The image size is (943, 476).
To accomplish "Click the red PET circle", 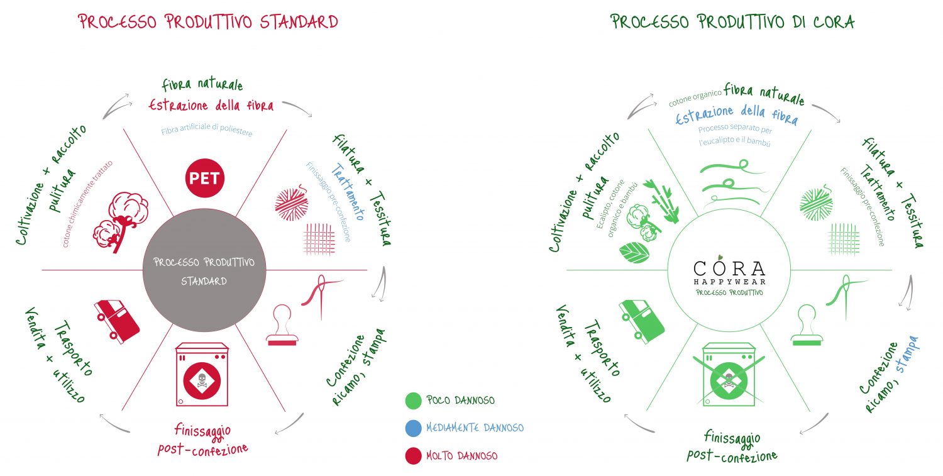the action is click(204, 178).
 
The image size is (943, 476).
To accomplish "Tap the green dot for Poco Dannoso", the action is click(413, 401).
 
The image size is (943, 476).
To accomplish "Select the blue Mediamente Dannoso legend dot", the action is click(413, 428).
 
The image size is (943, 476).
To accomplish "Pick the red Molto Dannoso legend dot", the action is click(413, 456).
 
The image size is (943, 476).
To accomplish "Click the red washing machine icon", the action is click(202, 374).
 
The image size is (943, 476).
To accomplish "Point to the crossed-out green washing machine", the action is click(729, 375).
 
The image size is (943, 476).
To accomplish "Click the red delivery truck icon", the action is click(116, 321).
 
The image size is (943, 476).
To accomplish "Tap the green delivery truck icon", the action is click(641, 321).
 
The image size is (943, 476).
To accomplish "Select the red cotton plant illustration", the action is click(121, 222).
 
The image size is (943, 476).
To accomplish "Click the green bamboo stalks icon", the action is click(661, 201).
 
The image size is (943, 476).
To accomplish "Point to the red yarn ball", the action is click(292, 203).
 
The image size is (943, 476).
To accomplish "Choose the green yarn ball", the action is click(816, 203).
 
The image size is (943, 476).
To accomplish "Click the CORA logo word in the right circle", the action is click(729, 268).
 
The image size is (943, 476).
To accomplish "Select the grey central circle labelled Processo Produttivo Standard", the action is click(204, 270).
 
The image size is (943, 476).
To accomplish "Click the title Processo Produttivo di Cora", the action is click(732, 21).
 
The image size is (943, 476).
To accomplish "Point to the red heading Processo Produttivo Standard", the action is click(208, 21).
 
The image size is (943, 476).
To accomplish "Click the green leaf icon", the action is click(634, 252).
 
